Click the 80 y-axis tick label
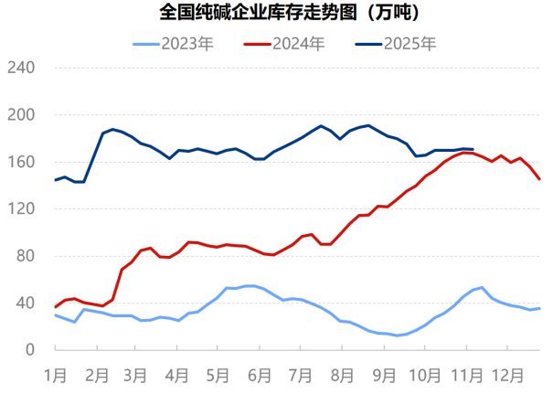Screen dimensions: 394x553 tap(25, 256)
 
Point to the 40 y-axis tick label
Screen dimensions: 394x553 tap(25, 303)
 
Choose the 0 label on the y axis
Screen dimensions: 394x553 tap(29, 350)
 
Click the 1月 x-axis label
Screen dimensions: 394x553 tap(56, 374)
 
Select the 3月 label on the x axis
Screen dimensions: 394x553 tap(135, 374)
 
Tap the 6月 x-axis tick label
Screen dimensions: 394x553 tap(261, 374)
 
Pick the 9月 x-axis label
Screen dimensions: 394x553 tap(384, 374)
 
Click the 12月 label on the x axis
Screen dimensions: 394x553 tap(508, 374)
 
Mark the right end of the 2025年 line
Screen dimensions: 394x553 tap(473, 149)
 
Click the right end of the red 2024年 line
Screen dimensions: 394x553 tap(539, 179)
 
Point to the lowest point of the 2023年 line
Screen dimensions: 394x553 tap(397, 335)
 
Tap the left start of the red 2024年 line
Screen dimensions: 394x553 tap(56, 306)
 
